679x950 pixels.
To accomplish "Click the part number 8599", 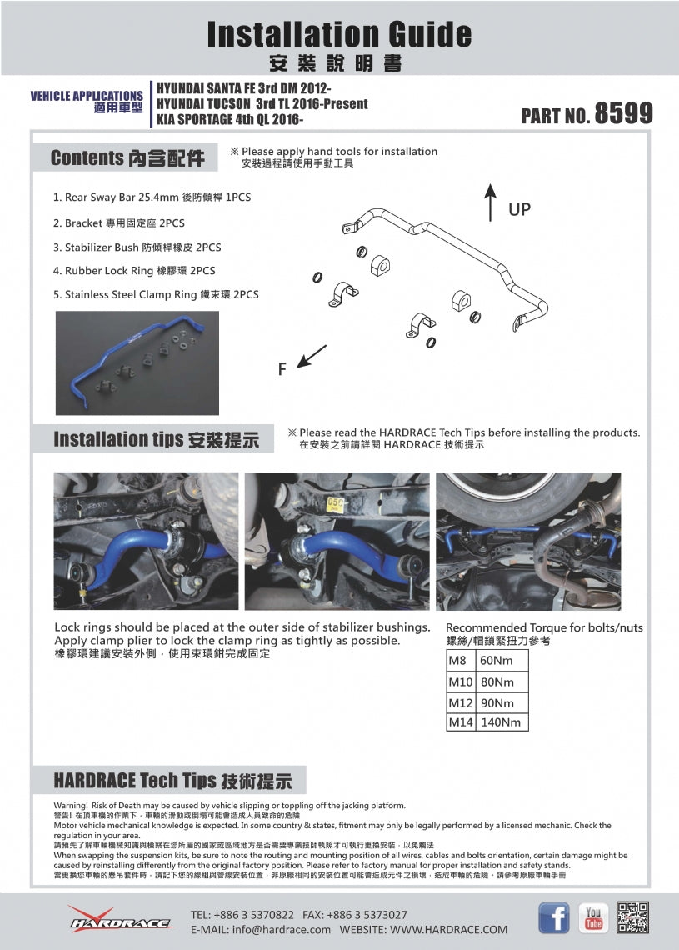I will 622,114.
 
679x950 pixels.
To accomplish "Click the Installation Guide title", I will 339,34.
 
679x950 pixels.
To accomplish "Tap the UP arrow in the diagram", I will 491,204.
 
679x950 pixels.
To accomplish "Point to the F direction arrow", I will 311,356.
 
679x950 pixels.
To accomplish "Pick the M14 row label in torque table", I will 461,722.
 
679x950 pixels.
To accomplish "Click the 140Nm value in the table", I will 501,722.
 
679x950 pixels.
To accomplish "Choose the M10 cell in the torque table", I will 461,682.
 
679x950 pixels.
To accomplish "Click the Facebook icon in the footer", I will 554,917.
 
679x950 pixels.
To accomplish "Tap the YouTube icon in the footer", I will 593,917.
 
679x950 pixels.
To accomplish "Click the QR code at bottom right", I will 633,917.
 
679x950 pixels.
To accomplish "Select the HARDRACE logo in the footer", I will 120,919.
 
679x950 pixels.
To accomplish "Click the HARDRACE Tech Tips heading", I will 172,781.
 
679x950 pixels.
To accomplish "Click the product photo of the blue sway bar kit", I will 137,362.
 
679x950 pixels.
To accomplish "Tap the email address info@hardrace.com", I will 261,929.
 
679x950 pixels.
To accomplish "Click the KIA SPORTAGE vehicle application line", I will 231,120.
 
